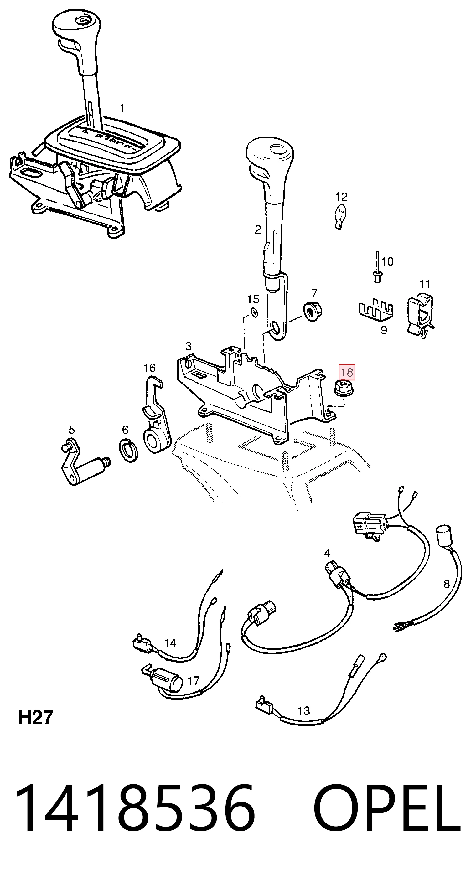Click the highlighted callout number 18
(x=347, y=372)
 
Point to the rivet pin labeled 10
(x=377, y=267)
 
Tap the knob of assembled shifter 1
(x=76, y=31)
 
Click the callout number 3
(x=189, y=346)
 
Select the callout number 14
(x=170, y=643)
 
